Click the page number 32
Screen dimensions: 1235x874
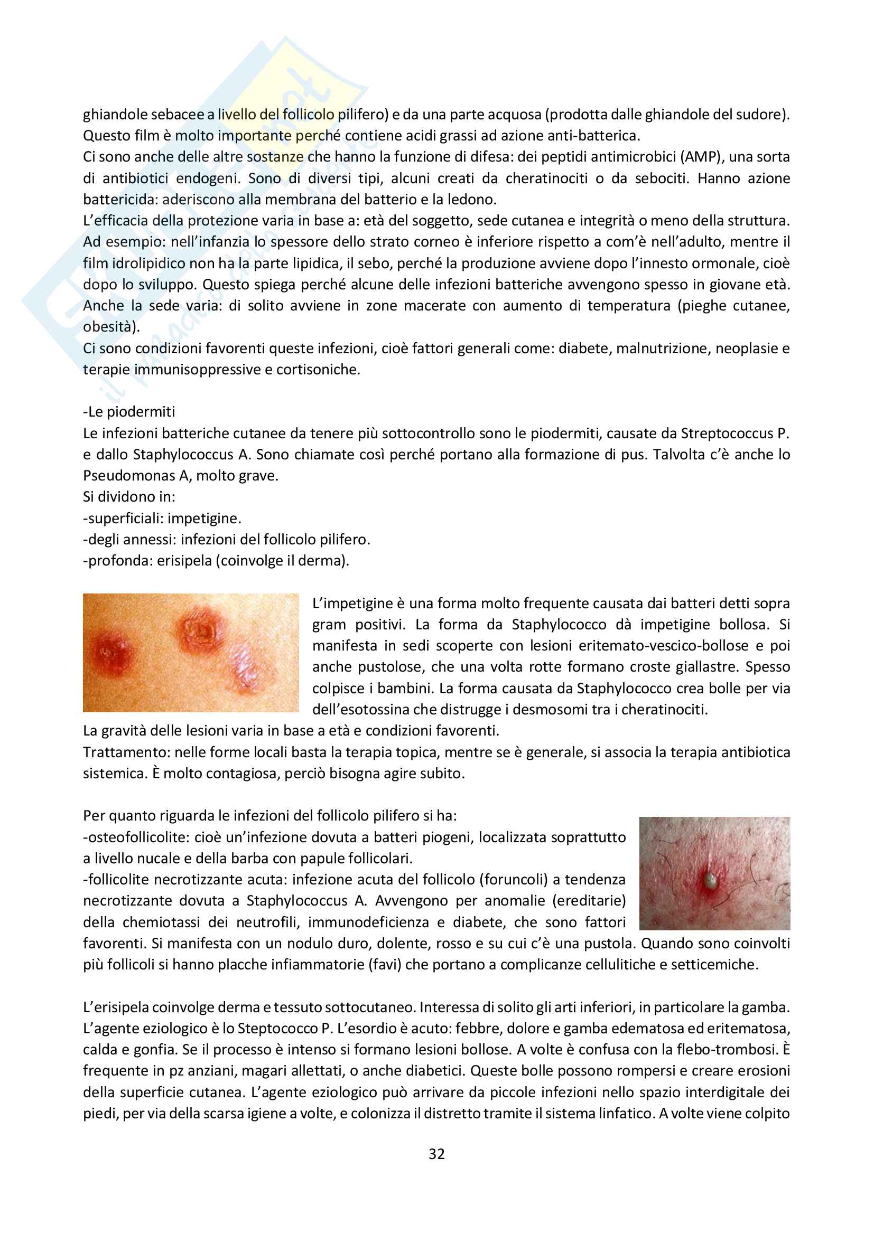(436, 1154)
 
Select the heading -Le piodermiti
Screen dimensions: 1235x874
(129, 412)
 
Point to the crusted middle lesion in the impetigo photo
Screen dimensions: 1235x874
(200, 629)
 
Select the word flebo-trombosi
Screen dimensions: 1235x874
(724, 1050)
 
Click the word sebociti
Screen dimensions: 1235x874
(660, 178)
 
